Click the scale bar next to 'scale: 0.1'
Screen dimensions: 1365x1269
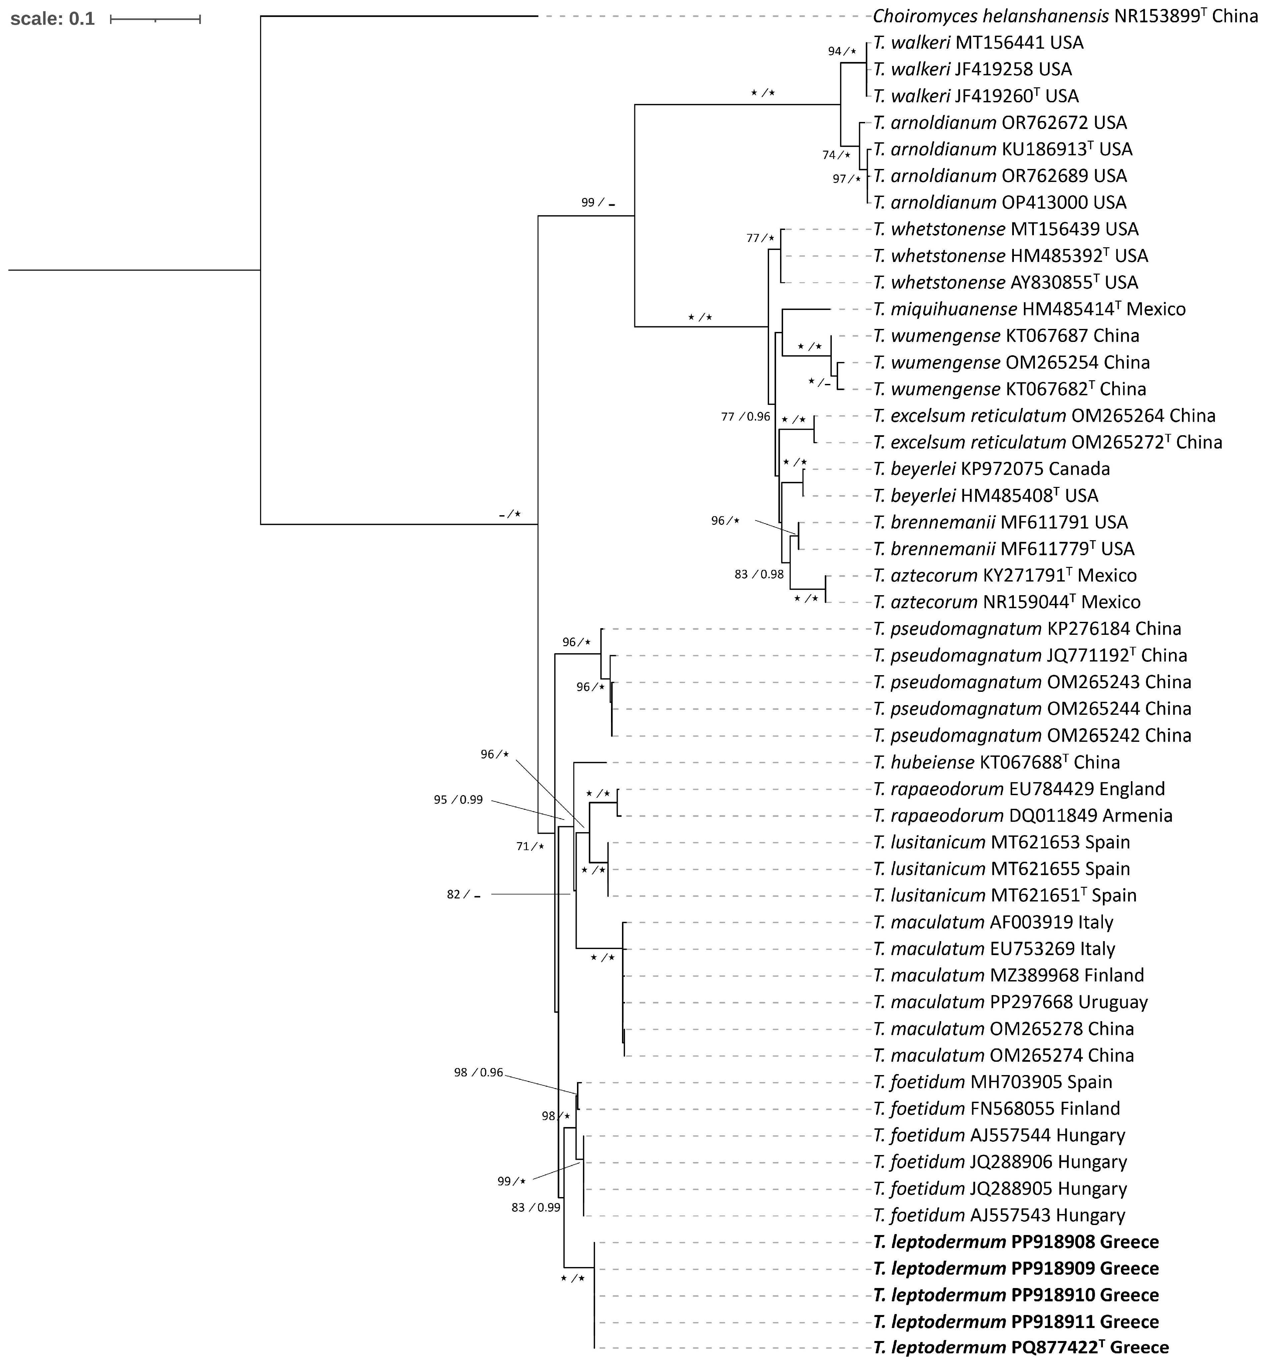(x=155, y=19)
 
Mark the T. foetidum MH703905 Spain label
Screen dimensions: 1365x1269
(x=992, y=1082)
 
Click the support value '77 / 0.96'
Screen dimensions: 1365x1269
(x=745, y=417)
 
